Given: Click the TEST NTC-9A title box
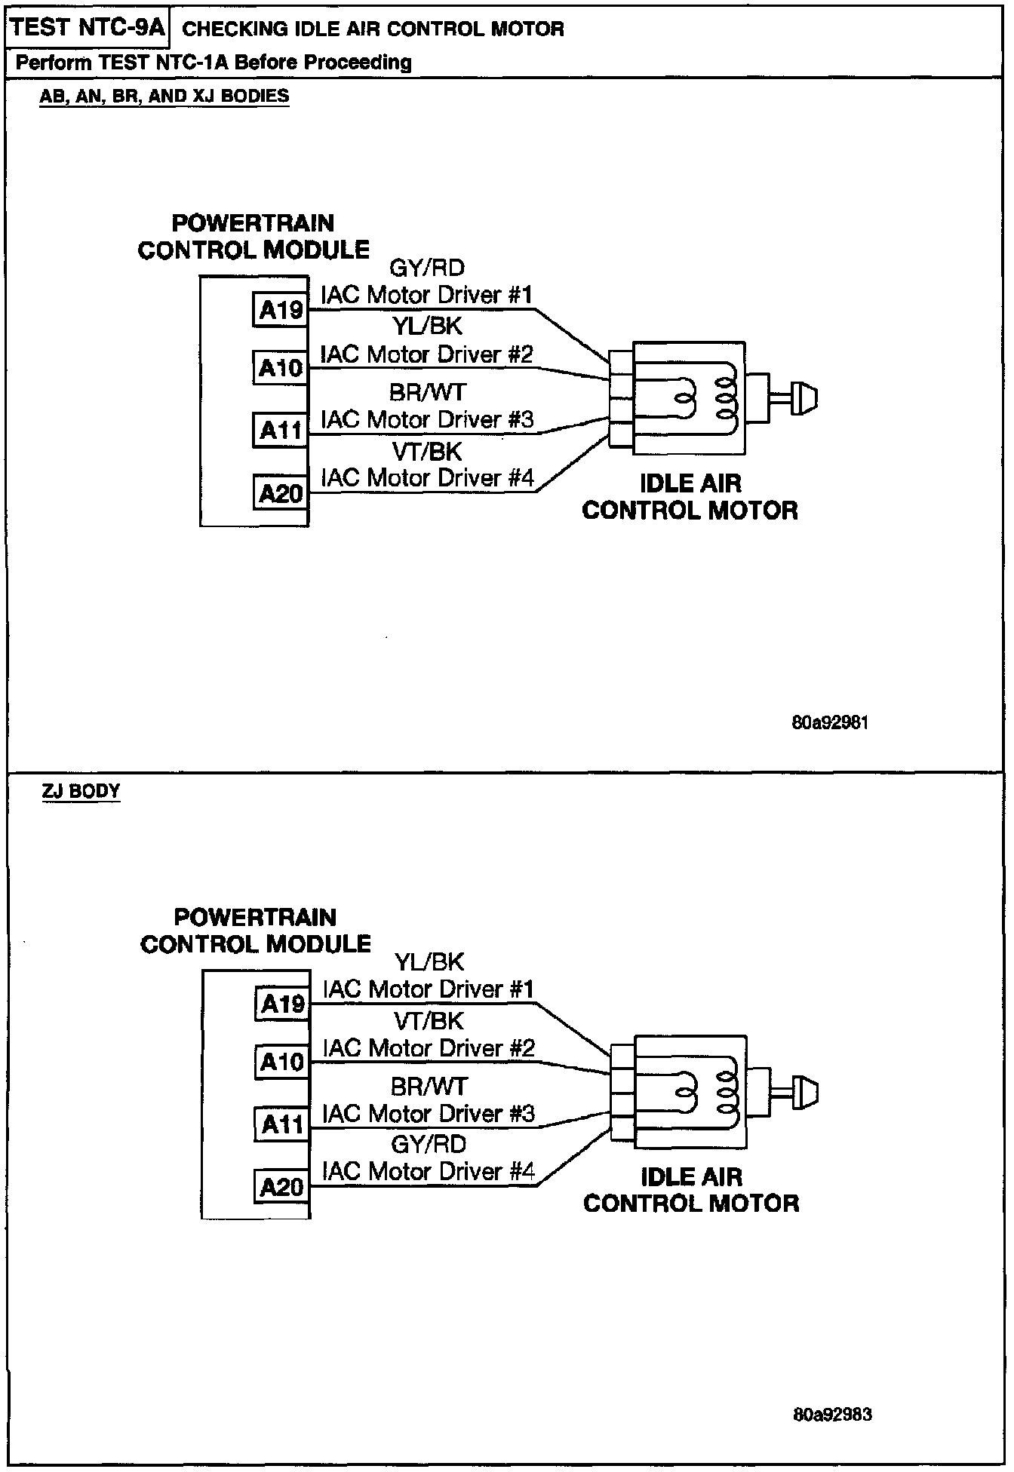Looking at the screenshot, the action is click(x=88, y=29).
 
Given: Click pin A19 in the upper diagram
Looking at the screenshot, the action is click(x=281, y=309).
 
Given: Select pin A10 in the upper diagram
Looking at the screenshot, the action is click(x=281, y=368).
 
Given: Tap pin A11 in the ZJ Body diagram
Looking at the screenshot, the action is click(x=282, y=1124).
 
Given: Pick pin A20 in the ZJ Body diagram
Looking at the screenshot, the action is click(x=282, y=1187).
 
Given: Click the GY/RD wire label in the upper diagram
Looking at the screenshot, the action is click(x=427, y=268).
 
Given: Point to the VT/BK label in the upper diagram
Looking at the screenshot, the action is click(x=427, y=452).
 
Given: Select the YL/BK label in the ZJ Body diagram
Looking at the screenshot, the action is click(x=429, y=962).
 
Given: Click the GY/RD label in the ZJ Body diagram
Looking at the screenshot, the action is click(x=429, y=1144).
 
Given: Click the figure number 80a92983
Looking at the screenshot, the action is click(x=833, y=1414).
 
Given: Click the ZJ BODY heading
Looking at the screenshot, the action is click(x=81, y=791).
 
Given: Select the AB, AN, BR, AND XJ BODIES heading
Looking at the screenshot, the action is click(x=164, y=97).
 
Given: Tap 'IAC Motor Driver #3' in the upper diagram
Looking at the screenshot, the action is click(x=428, y=419).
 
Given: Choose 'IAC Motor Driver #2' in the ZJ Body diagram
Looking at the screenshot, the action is click(x=429, y=1047).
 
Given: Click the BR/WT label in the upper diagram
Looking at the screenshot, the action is click(x=428, y=392).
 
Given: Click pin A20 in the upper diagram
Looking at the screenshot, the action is click(x=281, y=493).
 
